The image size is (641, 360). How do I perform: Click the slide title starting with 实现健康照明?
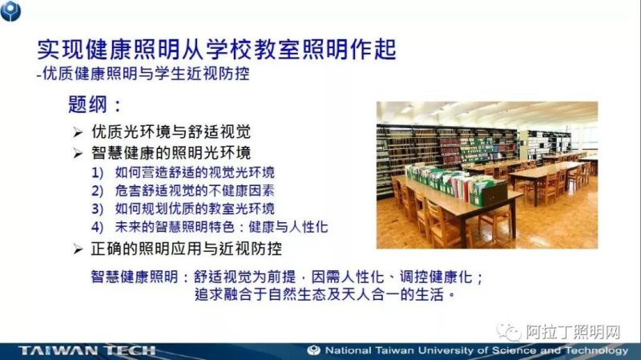click(216, 50)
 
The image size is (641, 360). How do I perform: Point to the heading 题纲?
click(95, 105)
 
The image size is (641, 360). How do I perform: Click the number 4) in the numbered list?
click(98, 227)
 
